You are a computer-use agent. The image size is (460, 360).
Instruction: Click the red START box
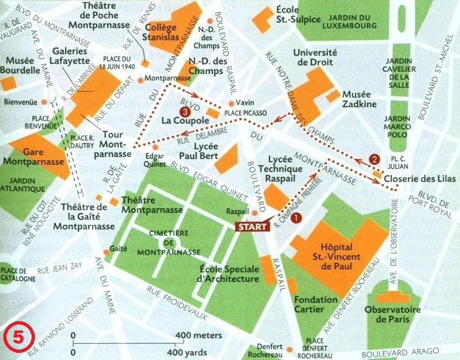pyautogui.click(x=252, y=226)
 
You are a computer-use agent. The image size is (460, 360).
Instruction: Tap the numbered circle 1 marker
pyautogui.click(x=296, y=217)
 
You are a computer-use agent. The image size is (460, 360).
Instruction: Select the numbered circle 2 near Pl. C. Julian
pyautogui.click(x=375, y=158)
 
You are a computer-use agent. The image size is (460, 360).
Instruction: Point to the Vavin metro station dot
pyautogui.click(x=231, y=104)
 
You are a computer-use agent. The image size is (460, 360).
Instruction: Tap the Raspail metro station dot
pyautogui.click(x=255, y=213)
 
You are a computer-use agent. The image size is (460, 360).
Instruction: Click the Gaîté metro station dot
pyautogui.click(x=106, y=252)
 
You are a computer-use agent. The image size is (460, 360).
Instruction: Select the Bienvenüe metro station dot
pyautogui.click(x=43, y=102)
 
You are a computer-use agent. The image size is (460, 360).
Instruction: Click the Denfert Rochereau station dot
pyautogui.click(x=288, y=349)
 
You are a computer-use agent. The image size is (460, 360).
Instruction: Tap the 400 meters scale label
pyautogui.click(x=200, y=336)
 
